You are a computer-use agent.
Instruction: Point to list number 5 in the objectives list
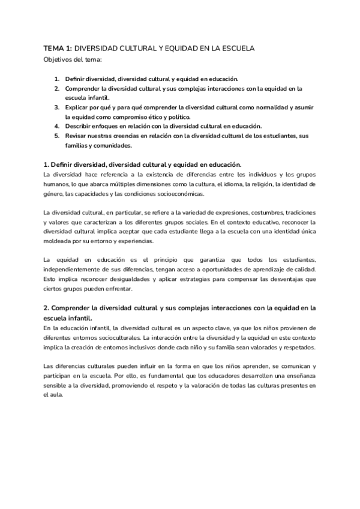point(56,136)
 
